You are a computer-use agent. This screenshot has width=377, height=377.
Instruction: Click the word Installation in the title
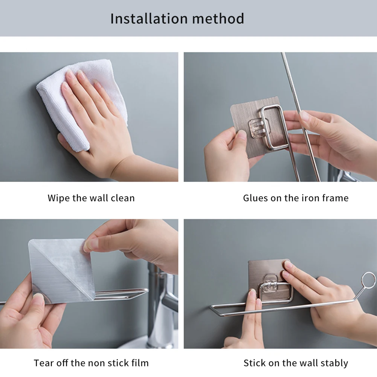(149, 18)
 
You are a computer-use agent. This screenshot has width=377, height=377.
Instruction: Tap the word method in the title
(218, 18)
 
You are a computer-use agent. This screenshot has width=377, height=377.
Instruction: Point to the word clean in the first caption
(123, 198)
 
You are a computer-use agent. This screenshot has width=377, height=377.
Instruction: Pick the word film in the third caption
(140, 363)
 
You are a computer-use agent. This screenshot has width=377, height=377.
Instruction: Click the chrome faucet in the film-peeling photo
(160, 305)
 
